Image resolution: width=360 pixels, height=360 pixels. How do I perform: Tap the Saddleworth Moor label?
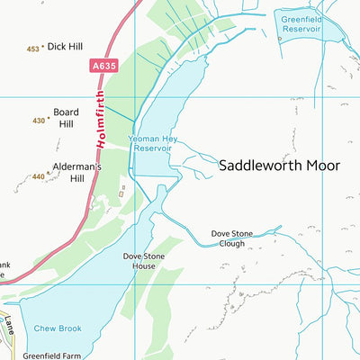pyautogui.click(x=279, y=166)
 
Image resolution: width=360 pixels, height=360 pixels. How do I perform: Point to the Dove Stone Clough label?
pyautogui.click(x=232, y=238)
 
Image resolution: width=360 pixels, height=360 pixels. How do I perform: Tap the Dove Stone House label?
pyautogui.click(x=145, y=261)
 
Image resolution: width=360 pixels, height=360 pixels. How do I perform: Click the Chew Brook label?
pyautogui.click(x=58, y=328)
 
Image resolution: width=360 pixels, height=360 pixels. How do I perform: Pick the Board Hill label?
pyautogui.click(x=67, y=119)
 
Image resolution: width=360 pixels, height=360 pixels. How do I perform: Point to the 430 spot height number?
pyautogui.click(x=39, y=120)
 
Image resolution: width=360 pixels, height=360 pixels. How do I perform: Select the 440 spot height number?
pyautogui.click(x=38, y=176)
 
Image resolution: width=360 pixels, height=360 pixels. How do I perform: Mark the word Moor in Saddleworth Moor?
pyautogui.click(x=323, y=166)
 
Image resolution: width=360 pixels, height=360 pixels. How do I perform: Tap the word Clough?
pyautogui.click(x=232, y=243)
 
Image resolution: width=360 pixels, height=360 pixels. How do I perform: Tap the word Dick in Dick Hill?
pyautogui.click(x=56, y=45)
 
